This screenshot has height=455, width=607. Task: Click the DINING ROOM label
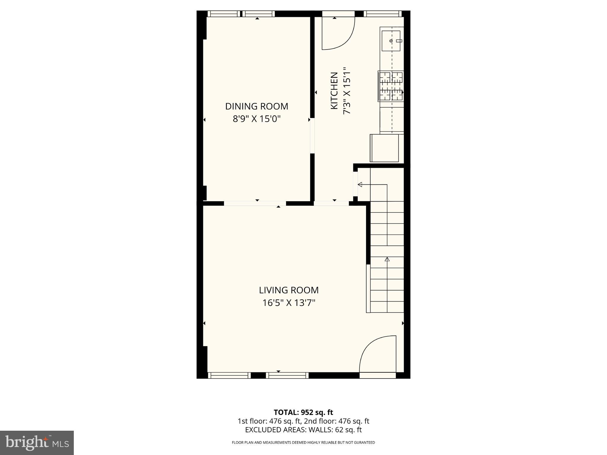(x=256, y=106)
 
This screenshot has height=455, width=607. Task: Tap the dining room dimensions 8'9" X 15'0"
(x=256, y=119)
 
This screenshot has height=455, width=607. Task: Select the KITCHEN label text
(x=334, y=91)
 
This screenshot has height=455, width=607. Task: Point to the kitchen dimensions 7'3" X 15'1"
(x=347, y=91)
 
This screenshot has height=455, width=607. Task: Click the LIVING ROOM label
(x=289, y=290)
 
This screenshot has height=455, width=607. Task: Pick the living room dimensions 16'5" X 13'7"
(x=289, y=303)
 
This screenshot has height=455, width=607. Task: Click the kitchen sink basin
(x=391, y=41)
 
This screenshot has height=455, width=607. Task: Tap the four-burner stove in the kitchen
(x=391, y=86)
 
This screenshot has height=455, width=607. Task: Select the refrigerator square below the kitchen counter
(x=384, y=148)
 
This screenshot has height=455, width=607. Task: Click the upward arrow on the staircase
(x=387, y=259)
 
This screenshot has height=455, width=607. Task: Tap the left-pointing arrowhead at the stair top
(x=360, y=185)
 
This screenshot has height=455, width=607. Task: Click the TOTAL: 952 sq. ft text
(x=303, y=412)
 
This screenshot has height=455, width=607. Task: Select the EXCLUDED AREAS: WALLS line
(x=303, y=430)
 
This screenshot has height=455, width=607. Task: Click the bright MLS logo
(x=37, y=443)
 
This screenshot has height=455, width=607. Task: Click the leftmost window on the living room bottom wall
(x=229, y=375)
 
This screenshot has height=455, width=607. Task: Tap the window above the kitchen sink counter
(x=382, y=14)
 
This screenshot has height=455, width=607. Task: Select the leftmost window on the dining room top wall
(x=223, y=14)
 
